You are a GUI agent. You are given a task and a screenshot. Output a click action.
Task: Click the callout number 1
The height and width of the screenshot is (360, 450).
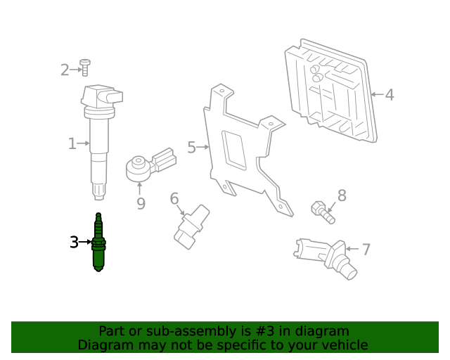point(72,144)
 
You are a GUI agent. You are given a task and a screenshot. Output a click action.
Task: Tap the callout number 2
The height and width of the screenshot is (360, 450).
point(65,70)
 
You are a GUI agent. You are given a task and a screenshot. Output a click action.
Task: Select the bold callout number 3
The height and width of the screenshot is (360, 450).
point(74,243)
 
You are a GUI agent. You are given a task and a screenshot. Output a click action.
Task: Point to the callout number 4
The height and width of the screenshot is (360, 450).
point(389,95)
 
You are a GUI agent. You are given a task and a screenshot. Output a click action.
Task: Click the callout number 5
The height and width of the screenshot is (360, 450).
point(191,148)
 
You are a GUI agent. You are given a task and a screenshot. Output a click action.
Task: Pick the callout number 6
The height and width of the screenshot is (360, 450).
point(174,199)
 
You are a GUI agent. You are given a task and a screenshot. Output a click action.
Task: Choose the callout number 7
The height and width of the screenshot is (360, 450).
point(366,249)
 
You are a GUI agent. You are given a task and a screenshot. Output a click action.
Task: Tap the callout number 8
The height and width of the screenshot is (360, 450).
point(342,195)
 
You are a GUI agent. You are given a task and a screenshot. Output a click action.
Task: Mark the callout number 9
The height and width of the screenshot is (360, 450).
point(141,204)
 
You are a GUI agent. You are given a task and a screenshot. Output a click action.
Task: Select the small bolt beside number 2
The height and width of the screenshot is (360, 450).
point(84,67)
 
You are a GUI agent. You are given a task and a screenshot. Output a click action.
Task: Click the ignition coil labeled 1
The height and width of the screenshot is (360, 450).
point(98,134)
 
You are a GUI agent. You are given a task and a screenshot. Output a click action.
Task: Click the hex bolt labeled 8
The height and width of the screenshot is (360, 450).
point(321,210)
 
